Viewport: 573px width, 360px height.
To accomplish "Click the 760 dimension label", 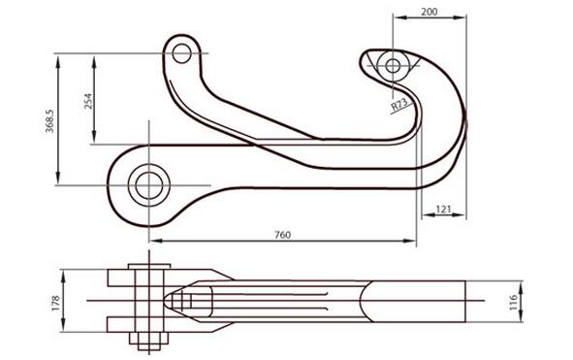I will [282, 234].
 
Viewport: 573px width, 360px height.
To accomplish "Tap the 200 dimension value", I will [430, 11].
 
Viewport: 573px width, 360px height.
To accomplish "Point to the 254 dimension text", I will [87, 102].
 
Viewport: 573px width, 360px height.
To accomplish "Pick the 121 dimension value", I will [444, 209].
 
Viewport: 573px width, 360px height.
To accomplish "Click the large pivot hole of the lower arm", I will [148, 183].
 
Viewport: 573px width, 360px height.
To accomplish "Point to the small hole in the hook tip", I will [393, 66].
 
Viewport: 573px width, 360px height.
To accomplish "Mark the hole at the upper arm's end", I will [181, 53].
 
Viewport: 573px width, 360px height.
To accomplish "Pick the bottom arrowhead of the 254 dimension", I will [95, 142].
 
